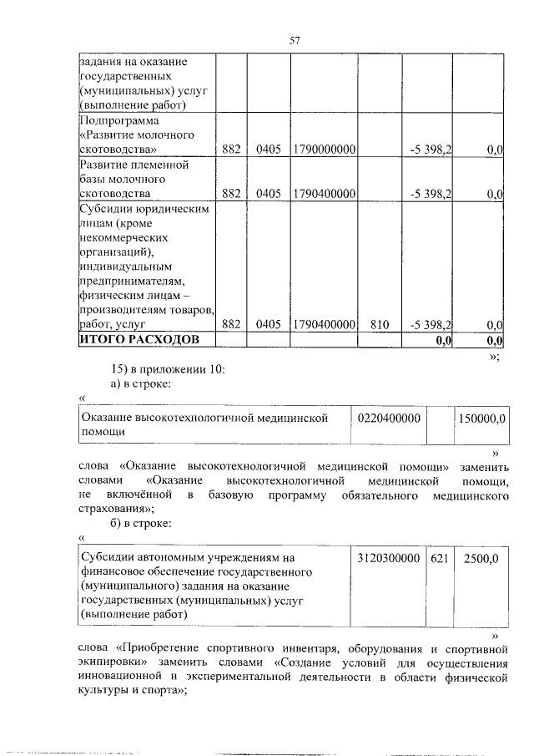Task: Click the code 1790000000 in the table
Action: tap(325, 150)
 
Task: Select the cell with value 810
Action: tap(380, 325)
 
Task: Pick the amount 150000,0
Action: tap(482, 417)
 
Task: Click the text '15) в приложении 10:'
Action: tap(168, 369)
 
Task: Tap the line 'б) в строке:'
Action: tap(142, 523)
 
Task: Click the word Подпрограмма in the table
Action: tap(116, 121)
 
